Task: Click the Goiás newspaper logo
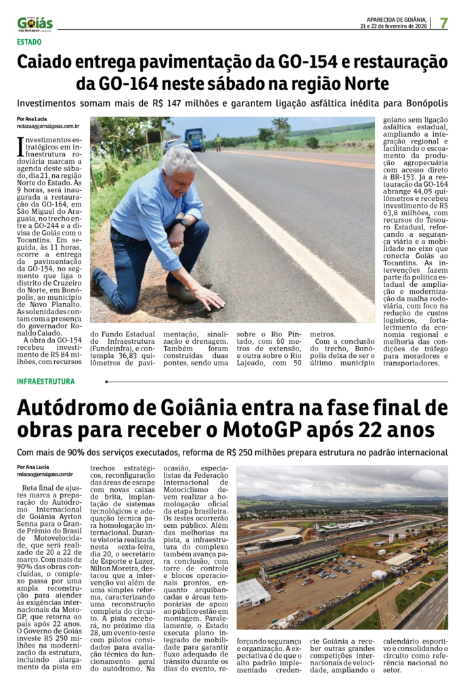coord(35,23)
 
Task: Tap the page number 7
coord(443,22)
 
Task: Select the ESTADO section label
coord(29,42)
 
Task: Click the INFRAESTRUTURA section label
coord(46,382)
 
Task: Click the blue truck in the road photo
coord(195,139)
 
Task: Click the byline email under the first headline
coord(47,127)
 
